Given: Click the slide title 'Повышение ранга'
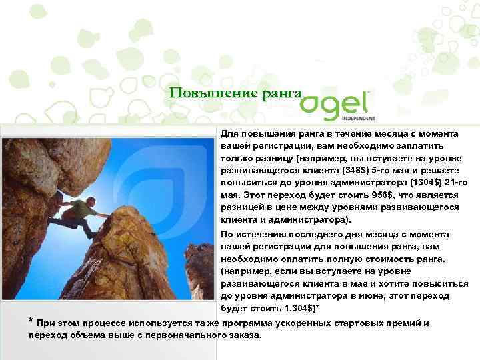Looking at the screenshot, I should (235, 92).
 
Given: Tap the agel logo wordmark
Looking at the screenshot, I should (336, 103).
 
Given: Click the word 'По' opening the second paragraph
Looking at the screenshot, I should (227, 234).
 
